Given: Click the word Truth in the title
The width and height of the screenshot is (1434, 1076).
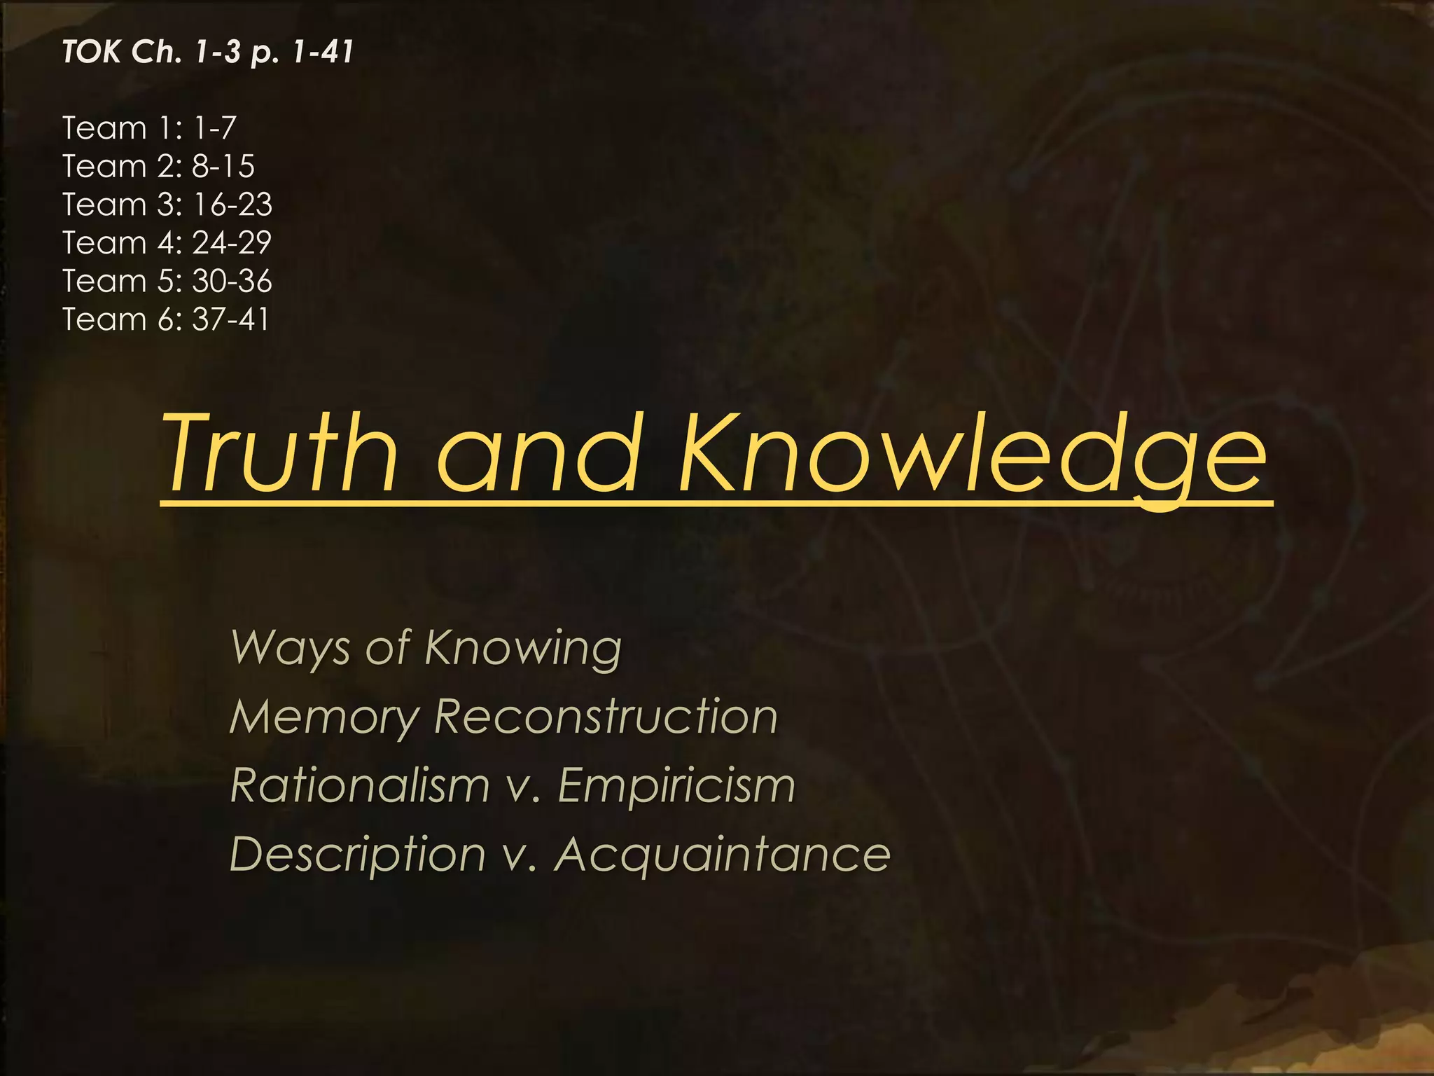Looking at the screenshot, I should click(x=280, y=453).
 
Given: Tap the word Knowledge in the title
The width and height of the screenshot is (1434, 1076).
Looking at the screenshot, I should click(x=973, y=453).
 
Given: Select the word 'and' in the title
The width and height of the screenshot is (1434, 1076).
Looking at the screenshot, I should click(x=538, y=453).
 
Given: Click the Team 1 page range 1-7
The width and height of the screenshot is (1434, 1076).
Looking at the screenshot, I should click(x=215, y=128).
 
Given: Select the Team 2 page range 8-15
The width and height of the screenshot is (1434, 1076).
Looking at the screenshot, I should click(x=223, y=167).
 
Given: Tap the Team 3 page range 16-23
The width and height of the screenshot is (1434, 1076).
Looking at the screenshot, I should click(x=232, y=205).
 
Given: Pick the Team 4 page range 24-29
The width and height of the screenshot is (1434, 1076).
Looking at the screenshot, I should click(x=232, y=243).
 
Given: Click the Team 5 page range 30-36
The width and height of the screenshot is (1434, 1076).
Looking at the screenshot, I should click(x=232, y=281).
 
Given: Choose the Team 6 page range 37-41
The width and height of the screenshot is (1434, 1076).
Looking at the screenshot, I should click(x=230, y=319).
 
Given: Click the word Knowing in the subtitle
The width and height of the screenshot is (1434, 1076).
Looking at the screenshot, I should click(x=523, y=648).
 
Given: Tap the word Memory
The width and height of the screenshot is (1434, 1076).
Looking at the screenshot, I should click(x=324, y=717).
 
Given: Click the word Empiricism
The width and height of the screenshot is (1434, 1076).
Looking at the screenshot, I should click(x=676, y=785).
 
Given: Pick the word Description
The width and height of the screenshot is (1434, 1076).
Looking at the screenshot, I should click(x=358, y=855).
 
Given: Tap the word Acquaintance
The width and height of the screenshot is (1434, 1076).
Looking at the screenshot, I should click(x=723, y=855).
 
